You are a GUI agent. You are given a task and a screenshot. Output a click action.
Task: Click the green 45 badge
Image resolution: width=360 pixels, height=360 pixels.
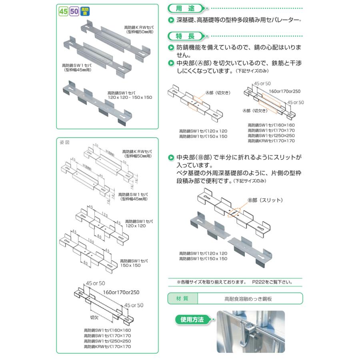(63, 12)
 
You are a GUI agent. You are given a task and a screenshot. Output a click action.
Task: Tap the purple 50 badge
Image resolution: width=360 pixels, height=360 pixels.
(74, 12)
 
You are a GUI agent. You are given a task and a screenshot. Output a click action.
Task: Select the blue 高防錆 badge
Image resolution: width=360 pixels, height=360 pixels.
(84, 12)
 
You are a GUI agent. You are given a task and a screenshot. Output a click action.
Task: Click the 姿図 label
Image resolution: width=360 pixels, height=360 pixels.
(65, 143)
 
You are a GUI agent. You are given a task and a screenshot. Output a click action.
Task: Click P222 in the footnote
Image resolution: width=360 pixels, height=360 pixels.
(258, 282)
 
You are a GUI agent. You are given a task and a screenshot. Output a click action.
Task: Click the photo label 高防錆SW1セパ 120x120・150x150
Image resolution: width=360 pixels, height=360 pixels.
(130, 95)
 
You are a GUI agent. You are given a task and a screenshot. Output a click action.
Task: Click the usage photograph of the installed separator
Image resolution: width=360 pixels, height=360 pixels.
(250, 332)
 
